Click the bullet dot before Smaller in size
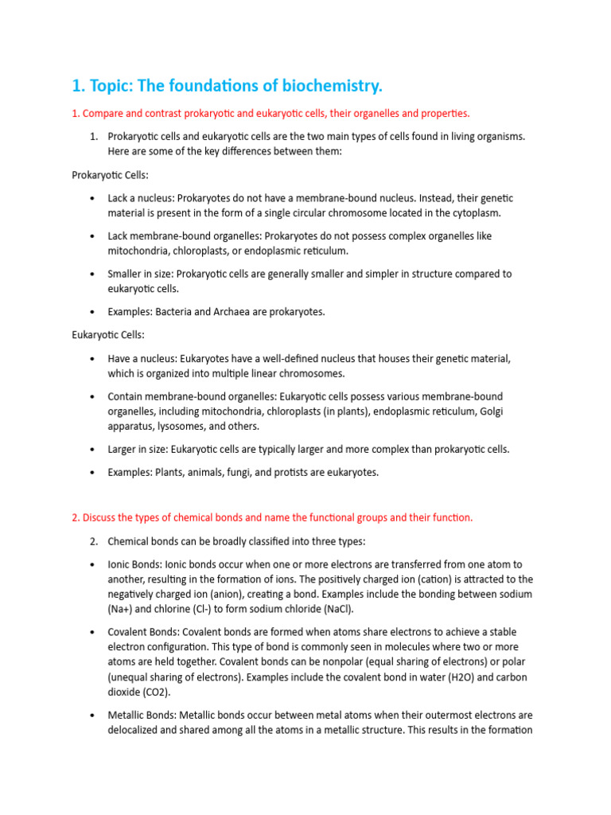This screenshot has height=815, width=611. (x=93, y=274)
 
